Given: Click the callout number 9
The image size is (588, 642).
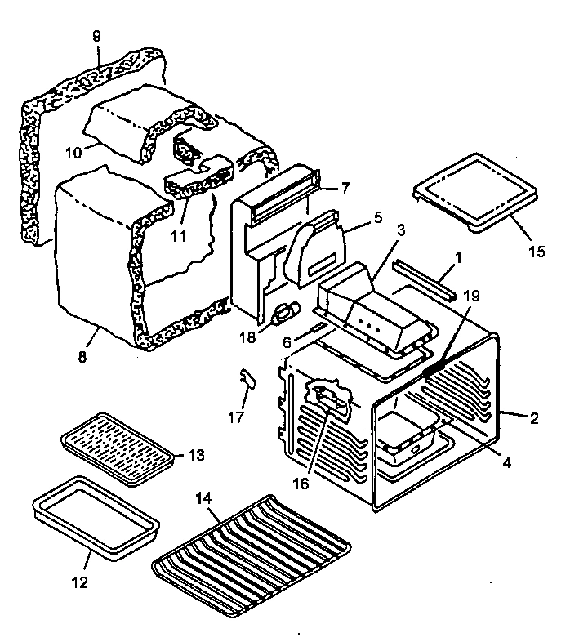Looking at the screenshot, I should (97, 38).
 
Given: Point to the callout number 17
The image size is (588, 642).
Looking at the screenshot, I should (236, 417).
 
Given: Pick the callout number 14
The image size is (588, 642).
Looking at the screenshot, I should (203, 496).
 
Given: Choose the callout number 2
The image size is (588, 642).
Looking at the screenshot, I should (534, 419).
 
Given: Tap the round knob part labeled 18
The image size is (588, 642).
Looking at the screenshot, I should (287, 310).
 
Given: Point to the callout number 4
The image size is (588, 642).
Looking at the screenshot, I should (506, 462).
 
